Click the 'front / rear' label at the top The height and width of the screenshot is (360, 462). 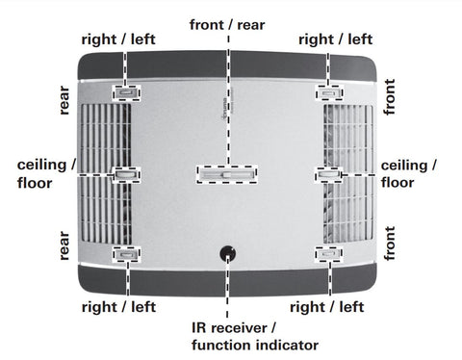point(227,25)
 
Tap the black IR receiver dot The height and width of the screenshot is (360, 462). point(227,253)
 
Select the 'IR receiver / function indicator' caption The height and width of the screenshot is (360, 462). point(255,337)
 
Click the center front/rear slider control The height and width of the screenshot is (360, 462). point(227,174)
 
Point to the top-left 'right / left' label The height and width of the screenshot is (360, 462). point(118,39)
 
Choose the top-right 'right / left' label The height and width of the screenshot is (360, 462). point(336,39)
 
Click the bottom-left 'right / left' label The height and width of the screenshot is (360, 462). point(118,307)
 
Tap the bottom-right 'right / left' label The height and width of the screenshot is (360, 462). point(327,307)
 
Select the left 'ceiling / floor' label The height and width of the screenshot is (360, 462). point(47,174)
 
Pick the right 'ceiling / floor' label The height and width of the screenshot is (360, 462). point(409,174)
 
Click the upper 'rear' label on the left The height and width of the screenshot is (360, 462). point(64,100)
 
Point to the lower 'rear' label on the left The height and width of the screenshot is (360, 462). point(64,245)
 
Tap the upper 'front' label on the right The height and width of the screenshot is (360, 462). point(389,97)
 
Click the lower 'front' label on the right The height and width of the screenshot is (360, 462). point(389,244)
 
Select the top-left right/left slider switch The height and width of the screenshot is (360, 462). point(126,93)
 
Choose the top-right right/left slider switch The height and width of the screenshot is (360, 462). point(329,93)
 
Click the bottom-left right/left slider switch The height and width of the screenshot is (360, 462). point(126,255)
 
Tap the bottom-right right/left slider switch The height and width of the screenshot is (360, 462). point(328,254)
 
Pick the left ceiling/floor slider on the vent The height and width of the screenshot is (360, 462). point(126,174)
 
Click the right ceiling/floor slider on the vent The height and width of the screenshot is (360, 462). point(328,174)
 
